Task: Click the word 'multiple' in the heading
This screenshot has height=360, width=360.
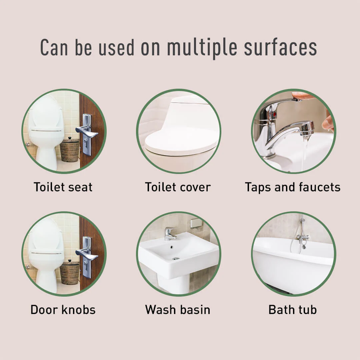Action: pyautogui.click(x=202, y=48)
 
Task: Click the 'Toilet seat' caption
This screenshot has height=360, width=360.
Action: pyautogui.click(x=63, y=187)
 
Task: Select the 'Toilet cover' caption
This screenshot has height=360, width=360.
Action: pyautogui.click(x=178, y=187)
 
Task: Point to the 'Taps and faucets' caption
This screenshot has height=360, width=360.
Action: pyautogui.click(x=293, y=187)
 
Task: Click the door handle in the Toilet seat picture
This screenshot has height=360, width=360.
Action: pyautogui.click(x=86, y=133)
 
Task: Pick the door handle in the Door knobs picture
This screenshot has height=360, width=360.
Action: pyautogui.click(x=86, y=256)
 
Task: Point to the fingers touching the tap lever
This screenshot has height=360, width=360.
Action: pyautogui.click(x=303, y=95)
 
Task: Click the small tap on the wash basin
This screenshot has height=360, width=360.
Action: pyautogui.click(x=170, y=234)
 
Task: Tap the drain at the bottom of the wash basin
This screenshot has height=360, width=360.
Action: pyautogui.click(x=176, y=259)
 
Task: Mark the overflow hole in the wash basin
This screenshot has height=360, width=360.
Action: pyautogui.click(x=172, y=247)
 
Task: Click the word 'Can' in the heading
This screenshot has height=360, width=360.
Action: pyautogui.click(x=54, y=48)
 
